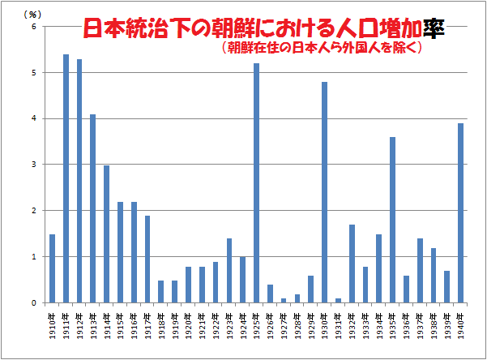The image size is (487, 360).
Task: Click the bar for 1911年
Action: pyautogui.click(x=66, y=178)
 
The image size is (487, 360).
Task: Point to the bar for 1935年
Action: pyautogui.click(x=392, y=220)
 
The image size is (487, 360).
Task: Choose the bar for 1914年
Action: pyautogui.click(x=106, y=234)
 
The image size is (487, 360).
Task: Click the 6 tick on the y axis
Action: pyautogui.click(x=34, y=27)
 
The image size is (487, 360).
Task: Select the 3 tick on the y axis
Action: pyautogui.click(x=34, y=165)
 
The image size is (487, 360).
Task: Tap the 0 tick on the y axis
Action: pyautogui.click(x=34, y=303)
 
